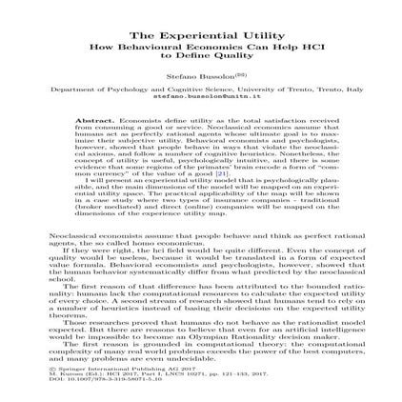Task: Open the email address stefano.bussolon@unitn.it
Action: pyautogui.click(x=202, y=95)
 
